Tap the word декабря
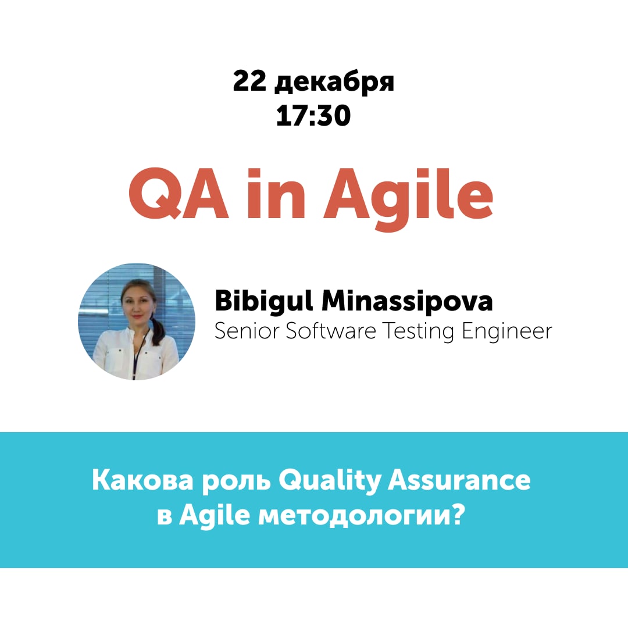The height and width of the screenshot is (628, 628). [x=334, y=83]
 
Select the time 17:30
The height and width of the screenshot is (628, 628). [x=313, y=115]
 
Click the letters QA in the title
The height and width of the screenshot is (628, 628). [x=179, y=194]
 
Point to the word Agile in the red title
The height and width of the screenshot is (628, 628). [x=409, y=199]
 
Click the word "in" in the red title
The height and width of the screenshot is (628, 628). [x=276, y=194]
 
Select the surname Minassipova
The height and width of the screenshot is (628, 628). [x=407, y=301]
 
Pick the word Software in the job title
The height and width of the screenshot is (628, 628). [x=331, y=331]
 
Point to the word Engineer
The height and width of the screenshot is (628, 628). [x=507, y=332]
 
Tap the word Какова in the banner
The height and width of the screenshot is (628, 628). [x=142, y=480]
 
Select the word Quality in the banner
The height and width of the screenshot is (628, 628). [x=330, y=481]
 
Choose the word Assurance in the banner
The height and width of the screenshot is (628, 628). [x=459, y=480]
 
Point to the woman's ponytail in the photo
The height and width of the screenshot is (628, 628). [x=158, y=329]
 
